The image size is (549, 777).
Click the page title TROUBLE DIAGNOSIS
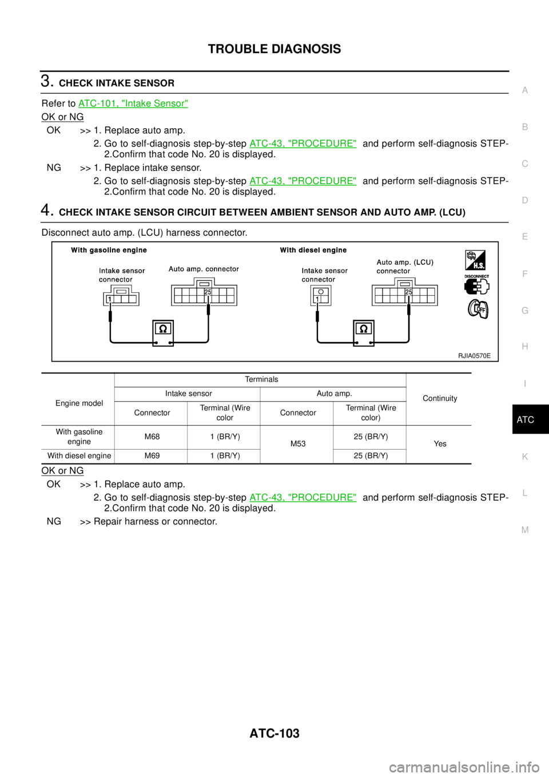tap(274, 49)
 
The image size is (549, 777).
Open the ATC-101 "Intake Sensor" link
tap(133, 104)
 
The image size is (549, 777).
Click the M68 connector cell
tap(152, 437)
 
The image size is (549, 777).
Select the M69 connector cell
tap(152, 456)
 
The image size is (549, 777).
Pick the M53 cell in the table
tap(298, 444)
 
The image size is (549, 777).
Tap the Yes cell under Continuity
tap(440, 444)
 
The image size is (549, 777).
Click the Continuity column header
tap(440, 399)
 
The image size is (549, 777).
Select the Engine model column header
tap(79, 403)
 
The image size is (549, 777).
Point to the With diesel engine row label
tap(79, 456)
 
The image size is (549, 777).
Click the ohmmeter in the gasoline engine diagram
tap(163, 333)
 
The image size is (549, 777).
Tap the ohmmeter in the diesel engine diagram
tap(364, 333)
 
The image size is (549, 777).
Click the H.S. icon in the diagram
tap(475, 260)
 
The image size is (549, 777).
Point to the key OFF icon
tap(478, 308)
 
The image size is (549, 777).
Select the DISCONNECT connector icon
tap(476, 285)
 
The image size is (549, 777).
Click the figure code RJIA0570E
tap(474, 355)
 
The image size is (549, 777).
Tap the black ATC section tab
tap(530, 419)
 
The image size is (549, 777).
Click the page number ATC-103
tap(274, 734)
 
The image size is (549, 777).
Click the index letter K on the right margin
tap(525, 457)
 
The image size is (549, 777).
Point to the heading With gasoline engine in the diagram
tap(109, 250)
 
